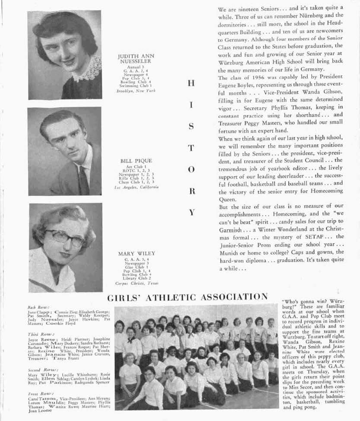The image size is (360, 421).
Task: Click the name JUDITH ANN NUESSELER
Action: pyautogui.click(x=136, y=59)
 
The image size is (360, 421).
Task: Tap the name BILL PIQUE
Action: pyautogui.click(x=136, y=161)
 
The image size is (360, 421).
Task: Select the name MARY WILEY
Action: pyautogui.click(x=136, y=253)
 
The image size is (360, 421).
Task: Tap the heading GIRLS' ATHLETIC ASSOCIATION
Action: pyautogui.click(x=187, y=297)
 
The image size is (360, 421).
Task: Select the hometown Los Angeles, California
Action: pyautogui.click(x=136, y=187)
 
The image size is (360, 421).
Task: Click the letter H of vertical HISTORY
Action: pyautogui.click(x=191, y=83)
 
